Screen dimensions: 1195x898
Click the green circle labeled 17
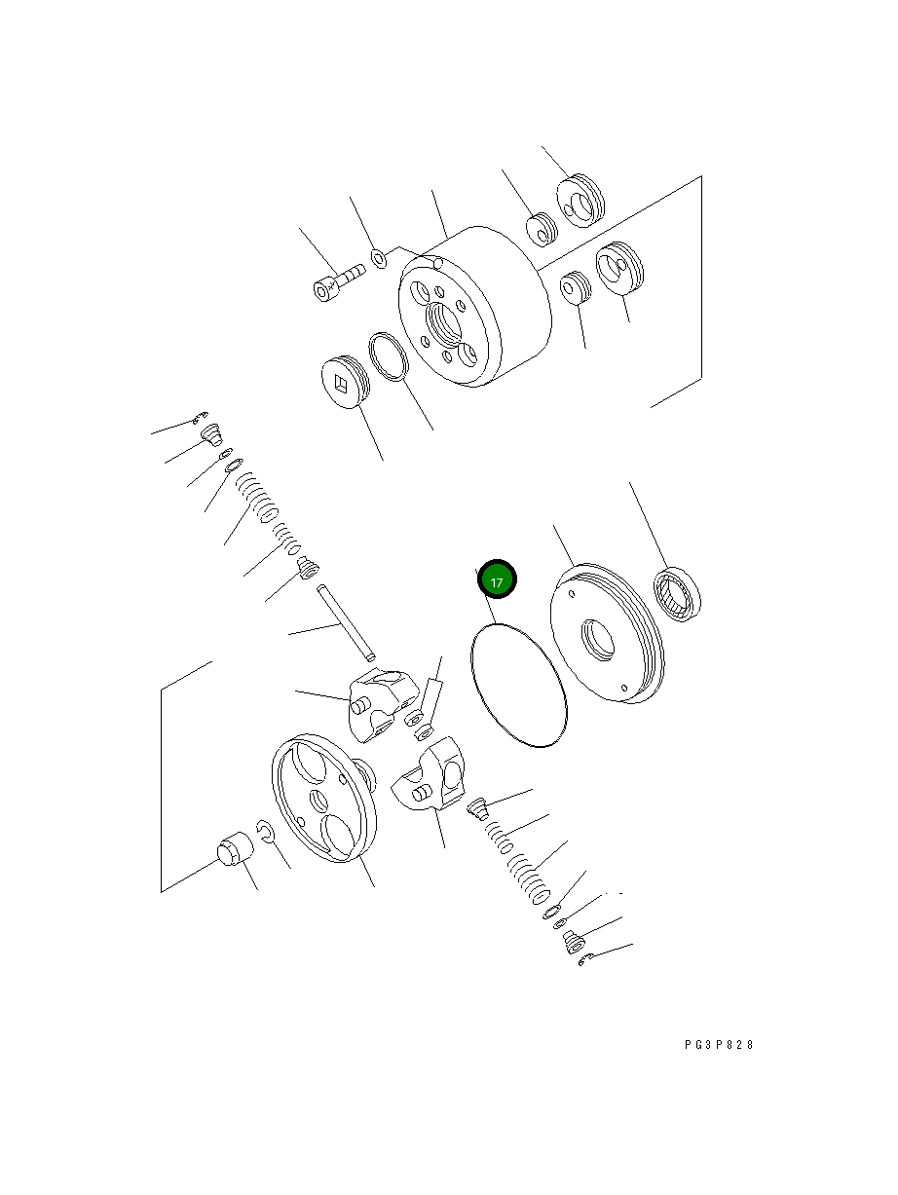tap(497, 580)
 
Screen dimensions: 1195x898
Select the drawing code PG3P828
tap(719, 1045)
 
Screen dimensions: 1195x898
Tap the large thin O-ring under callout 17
tap(518, 687)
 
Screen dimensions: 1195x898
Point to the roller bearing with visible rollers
tap(679, 594)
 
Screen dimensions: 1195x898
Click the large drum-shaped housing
tap(472, 307)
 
